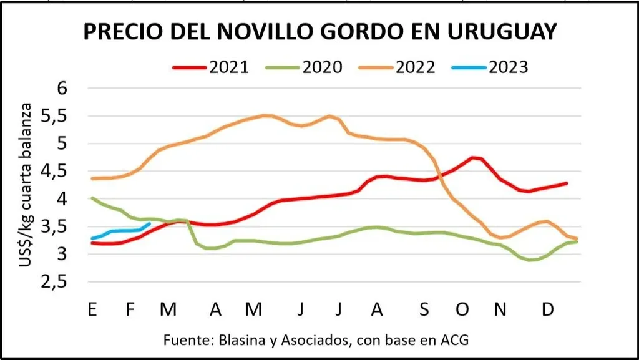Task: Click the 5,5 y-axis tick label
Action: [71, 116]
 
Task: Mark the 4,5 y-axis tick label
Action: [71, 172]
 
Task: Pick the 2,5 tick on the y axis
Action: [71, 283]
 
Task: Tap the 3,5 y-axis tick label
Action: [71, 227]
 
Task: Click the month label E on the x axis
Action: [92, 309]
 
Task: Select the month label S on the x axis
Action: [424, 309]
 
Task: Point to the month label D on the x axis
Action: [547, 309]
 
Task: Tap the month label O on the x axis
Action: [462, 309]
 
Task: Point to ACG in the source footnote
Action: [453, 341]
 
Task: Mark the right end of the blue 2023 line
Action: [149, 223]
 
